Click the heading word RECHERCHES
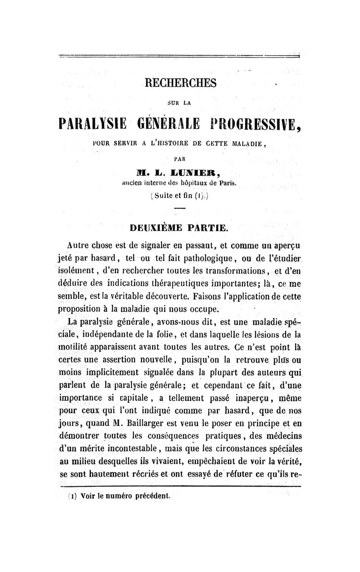(180, 83)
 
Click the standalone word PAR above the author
(180, 158)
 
